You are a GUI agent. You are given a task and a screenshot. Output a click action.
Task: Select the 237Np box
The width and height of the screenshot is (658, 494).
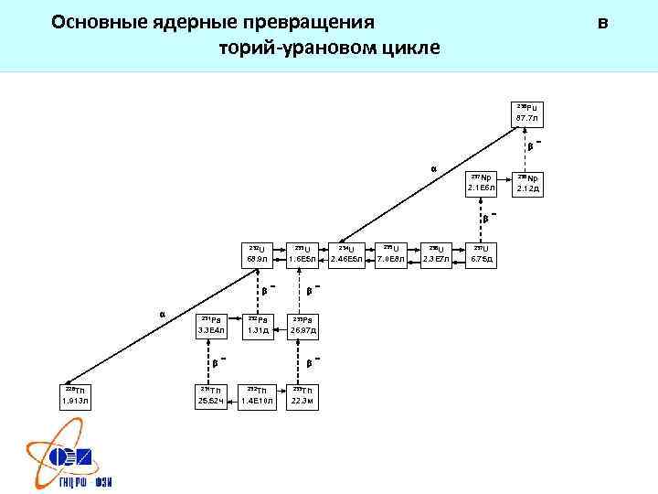[x=481, y=182]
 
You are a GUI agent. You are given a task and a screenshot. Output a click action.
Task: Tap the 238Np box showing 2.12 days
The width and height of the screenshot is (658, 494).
[x=528, y=182]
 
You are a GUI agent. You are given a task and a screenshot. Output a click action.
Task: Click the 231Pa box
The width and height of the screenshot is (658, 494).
[x=213, y=324]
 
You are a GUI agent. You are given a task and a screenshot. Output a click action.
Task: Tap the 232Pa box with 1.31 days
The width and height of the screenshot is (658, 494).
[x=258, y=324]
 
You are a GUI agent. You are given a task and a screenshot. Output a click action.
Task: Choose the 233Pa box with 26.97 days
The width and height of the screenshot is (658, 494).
[x=302, y=324]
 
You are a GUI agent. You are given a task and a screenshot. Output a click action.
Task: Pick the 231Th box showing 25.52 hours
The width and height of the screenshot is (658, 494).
[x=213, y=394]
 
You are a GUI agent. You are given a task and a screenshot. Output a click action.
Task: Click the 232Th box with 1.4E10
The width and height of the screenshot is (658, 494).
[x=258, y=394]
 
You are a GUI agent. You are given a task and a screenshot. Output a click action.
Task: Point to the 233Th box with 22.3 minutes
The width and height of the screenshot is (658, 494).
[x=302, y=394]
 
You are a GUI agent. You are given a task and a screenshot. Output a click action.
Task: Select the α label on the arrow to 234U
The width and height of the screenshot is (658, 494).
[x=433, y=168]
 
